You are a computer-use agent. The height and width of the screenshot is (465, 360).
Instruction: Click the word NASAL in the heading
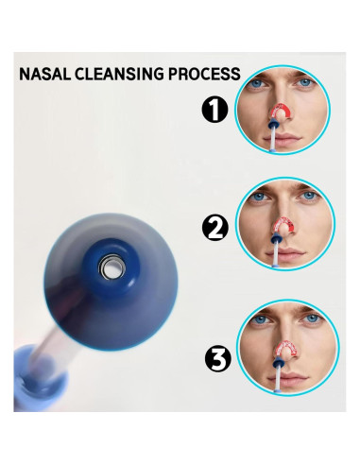[x=45, y=74]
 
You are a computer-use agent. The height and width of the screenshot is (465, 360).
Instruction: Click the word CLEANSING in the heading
[x=120, y=74]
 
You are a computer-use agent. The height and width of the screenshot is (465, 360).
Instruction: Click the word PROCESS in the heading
[x=204, y=74]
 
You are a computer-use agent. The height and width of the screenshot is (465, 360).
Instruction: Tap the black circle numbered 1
[x=214, y=110]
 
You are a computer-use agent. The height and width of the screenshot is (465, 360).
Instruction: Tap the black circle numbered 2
[x=215, y=229]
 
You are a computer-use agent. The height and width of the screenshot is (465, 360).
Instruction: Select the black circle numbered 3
[x=218, y=358]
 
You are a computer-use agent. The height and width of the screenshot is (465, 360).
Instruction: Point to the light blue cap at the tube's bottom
[x=40, y=378]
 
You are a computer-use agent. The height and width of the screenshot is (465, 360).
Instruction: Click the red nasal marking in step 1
[x=283, y=112]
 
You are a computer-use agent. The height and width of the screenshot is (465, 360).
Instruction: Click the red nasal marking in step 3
[x=287, y=348]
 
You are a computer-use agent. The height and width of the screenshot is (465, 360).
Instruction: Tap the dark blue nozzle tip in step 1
[x=274, y=123]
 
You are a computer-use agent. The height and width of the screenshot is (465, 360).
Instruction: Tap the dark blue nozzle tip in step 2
[x=276, y=238]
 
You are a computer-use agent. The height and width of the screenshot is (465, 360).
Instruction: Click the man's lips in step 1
[x=285, y=138]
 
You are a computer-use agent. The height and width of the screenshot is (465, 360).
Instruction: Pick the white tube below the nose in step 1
[x=274, y=139]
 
